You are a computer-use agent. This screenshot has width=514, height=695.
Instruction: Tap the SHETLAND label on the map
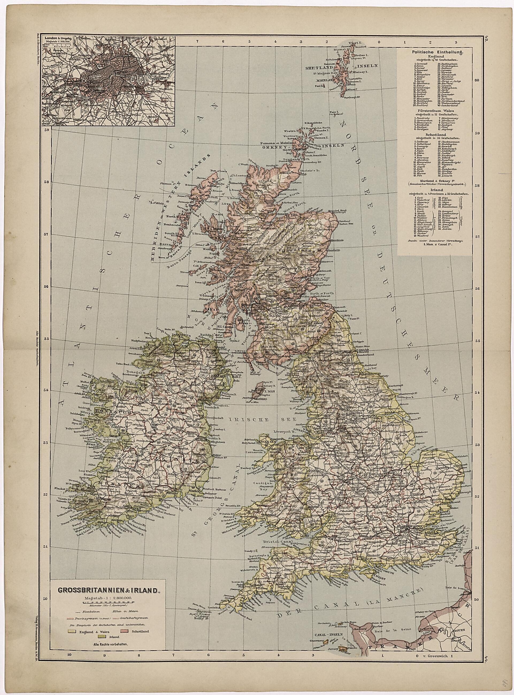[319, 67]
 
